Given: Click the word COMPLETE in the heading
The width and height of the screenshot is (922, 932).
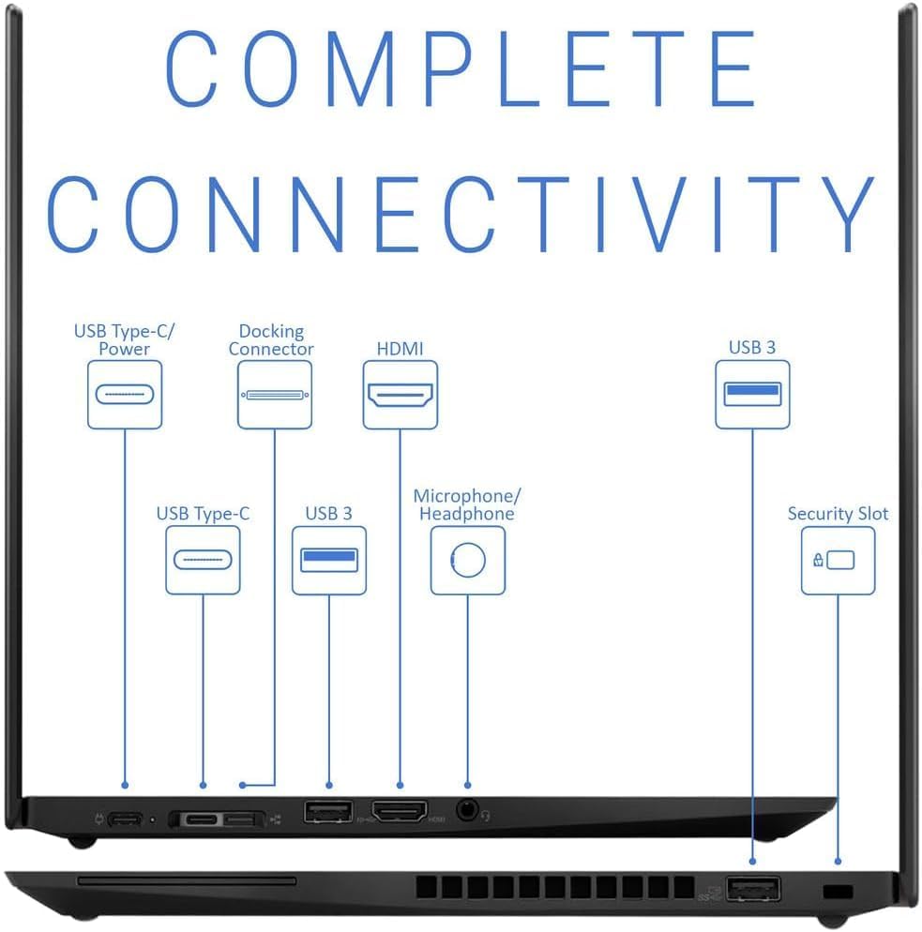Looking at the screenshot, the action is (x=461, y=68).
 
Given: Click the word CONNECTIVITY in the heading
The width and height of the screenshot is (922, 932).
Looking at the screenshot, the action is (x=461, y=214).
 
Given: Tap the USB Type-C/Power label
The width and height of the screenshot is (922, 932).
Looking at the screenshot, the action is (x=124, y=339).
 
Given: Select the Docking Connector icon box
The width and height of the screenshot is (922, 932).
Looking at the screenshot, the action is (x=275, y=394).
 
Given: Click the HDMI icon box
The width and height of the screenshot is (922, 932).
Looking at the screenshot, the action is (x=401, y=394).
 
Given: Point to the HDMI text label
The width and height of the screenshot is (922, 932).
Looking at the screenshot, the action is (x=401, y=348).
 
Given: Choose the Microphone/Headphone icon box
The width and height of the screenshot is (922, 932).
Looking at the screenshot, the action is (x=468, y=560).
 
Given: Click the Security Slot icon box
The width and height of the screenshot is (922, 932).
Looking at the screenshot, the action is (x=839, y=560).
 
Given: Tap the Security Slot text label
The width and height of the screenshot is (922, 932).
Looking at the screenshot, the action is (x=838, y=513).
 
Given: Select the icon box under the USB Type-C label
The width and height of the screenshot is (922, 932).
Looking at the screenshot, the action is (x=203, y=560).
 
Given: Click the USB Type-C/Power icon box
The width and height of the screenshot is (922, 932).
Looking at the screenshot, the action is (x=125, y=394).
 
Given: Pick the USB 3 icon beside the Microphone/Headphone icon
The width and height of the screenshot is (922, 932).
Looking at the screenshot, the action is (x=329, y=560).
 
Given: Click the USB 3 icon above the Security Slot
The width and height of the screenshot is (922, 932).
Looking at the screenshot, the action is (x=752, y=394).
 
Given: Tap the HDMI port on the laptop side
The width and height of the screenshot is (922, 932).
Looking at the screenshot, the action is (x=400, y=811).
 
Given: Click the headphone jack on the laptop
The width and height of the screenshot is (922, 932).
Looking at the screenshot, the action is (x=468, y=809).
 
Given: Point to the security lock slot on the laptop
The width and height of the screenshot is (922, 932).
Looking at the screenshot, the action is (x=839, y=892).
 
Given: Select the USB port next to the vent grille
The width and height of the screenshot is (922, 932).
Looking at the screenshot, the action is (x=753, y=889).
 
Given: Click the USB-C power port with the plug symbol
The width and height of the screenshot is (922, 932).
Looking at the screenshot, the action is (x=125, y=819).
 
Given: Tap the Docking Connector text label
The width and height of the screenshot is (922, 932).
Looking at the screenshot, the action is (x=271, y=339).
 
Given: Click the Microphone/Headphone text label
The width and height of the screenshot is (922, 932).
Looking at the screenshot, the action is (x=467, y=504).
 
